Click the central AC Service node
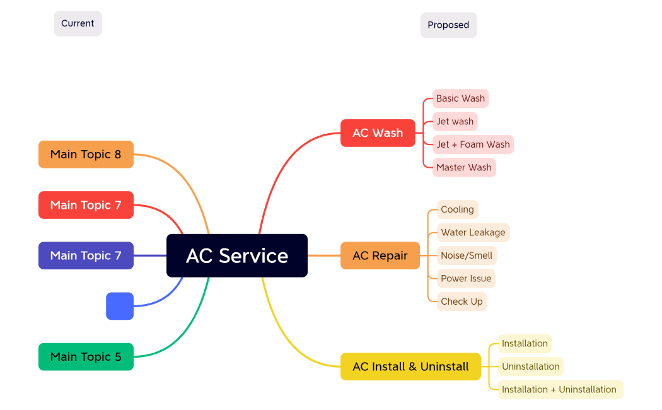coord(237,255)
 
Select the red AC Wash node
coord(378,133)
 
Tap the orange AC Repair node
coord(380,255)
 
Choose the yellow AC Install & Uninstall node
coord(410,366)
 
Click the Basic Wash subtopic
coord(460,98)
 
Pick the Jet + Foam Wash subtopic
coord(473,144)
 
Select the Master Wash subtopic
coord(464,167)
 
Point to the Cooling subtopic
coord(457,209)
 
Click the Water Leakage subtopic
coord(473,232)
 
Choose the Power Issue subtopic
coord(466,278)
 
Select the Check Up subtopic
coord(462,302)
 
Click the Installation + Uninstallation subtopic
coord(559,389)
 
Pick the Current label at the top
coord(78,23)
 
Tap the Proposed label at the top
coord(448,25)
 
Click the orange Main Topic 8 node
coord(86,155)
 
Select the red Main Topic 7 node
coord(86,205)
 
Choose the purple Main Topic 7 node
coord(86,255)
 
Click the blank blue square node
coord(120,306)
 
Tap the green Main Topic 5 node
coord(86,357)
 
